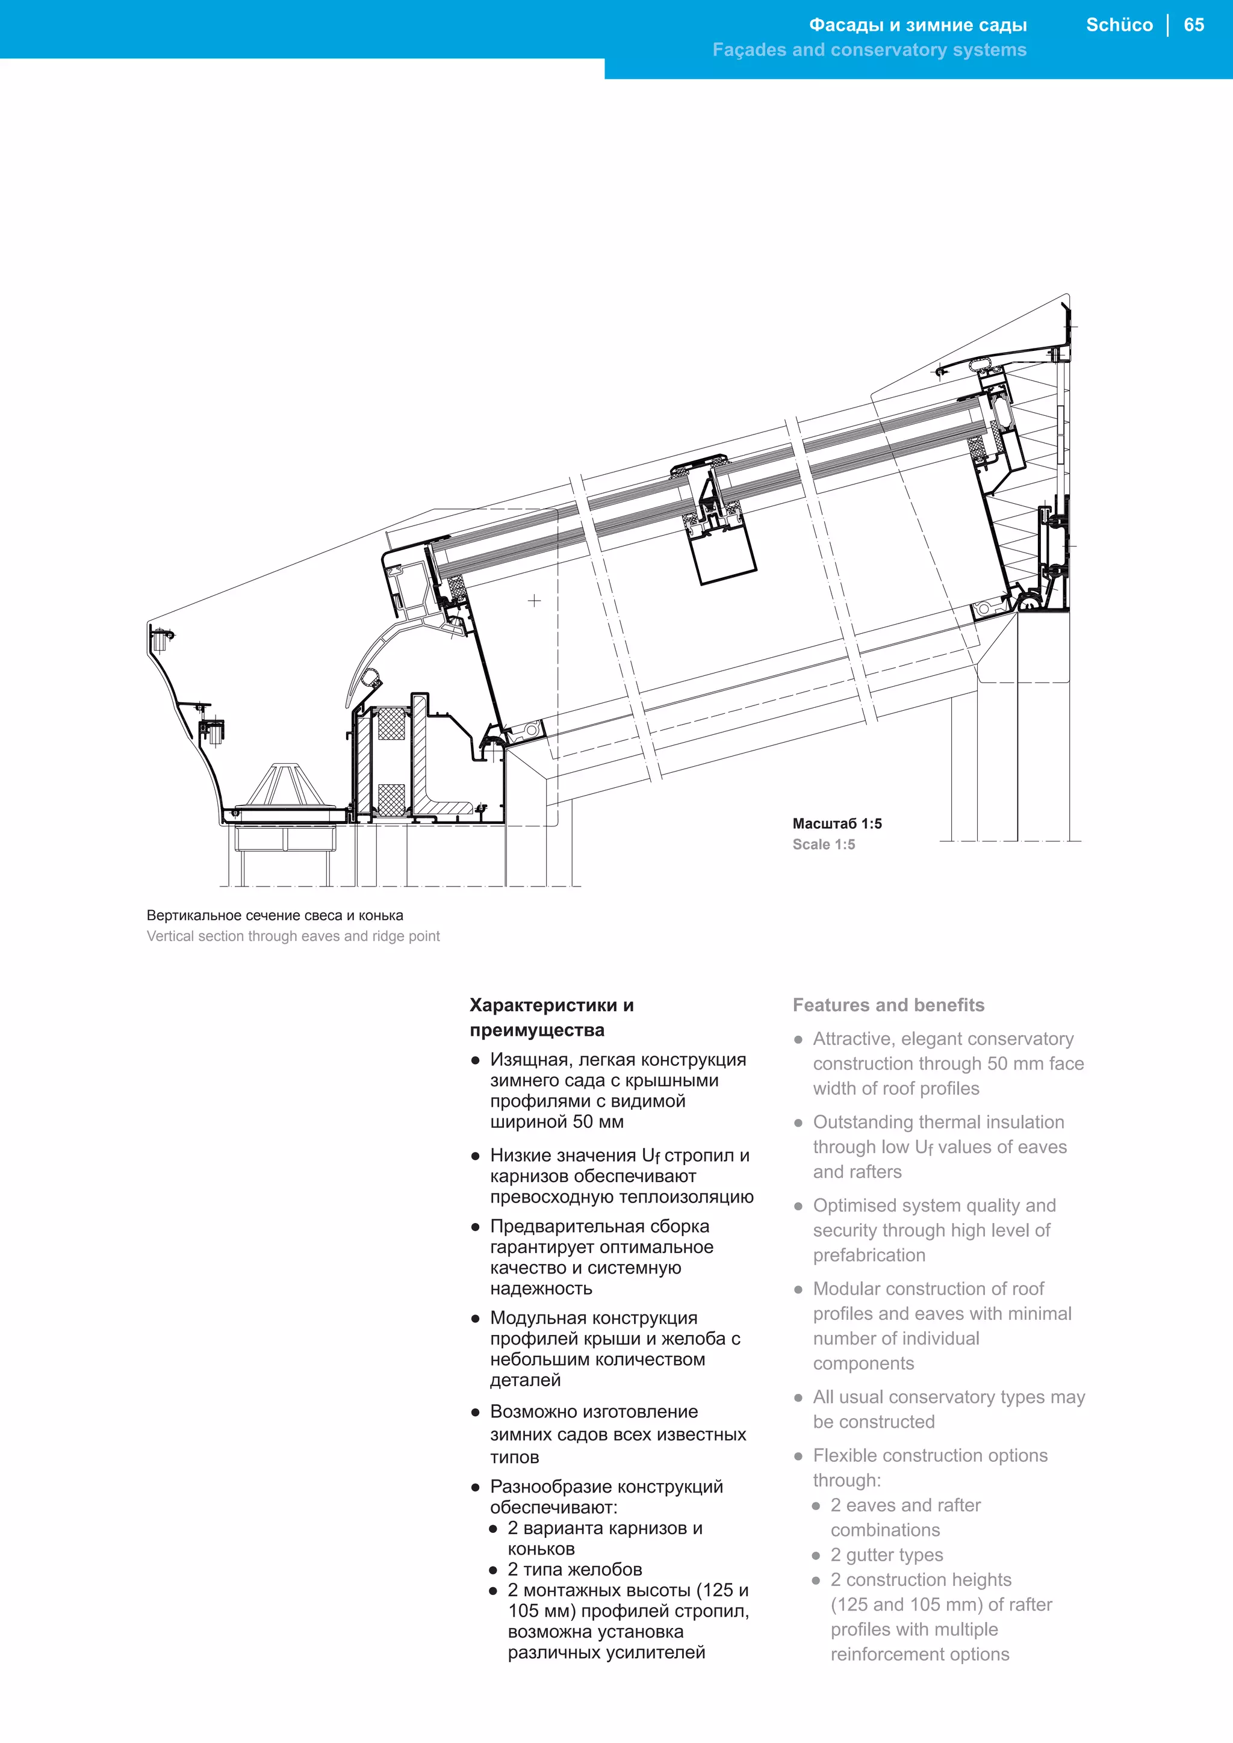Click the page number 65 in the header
(x=1193, y=25)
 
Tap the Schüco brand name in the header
(x=1119, y=25)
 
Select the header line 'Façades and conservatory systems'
(x=869, y=50)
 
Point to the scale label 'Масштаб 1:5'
(x=837, y=824)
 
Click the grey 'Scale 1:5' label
(x=823, y=844)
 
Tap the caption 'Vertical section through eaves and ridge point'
(x=293, y=936)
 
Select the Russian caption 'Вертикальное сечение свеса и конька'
(x=275, y=915)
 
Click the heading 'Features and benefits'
(x=887, y=1005)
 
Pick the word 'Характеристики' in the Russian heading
(x=544, y=1005)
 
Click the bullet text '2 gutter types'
(x=886, y=1555)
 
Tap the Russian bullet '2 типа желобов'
(x=575, y=1569)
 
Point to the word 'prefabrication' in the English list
(x=869, y=1255)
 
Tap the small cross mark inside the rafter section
(x=535, y=601)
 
